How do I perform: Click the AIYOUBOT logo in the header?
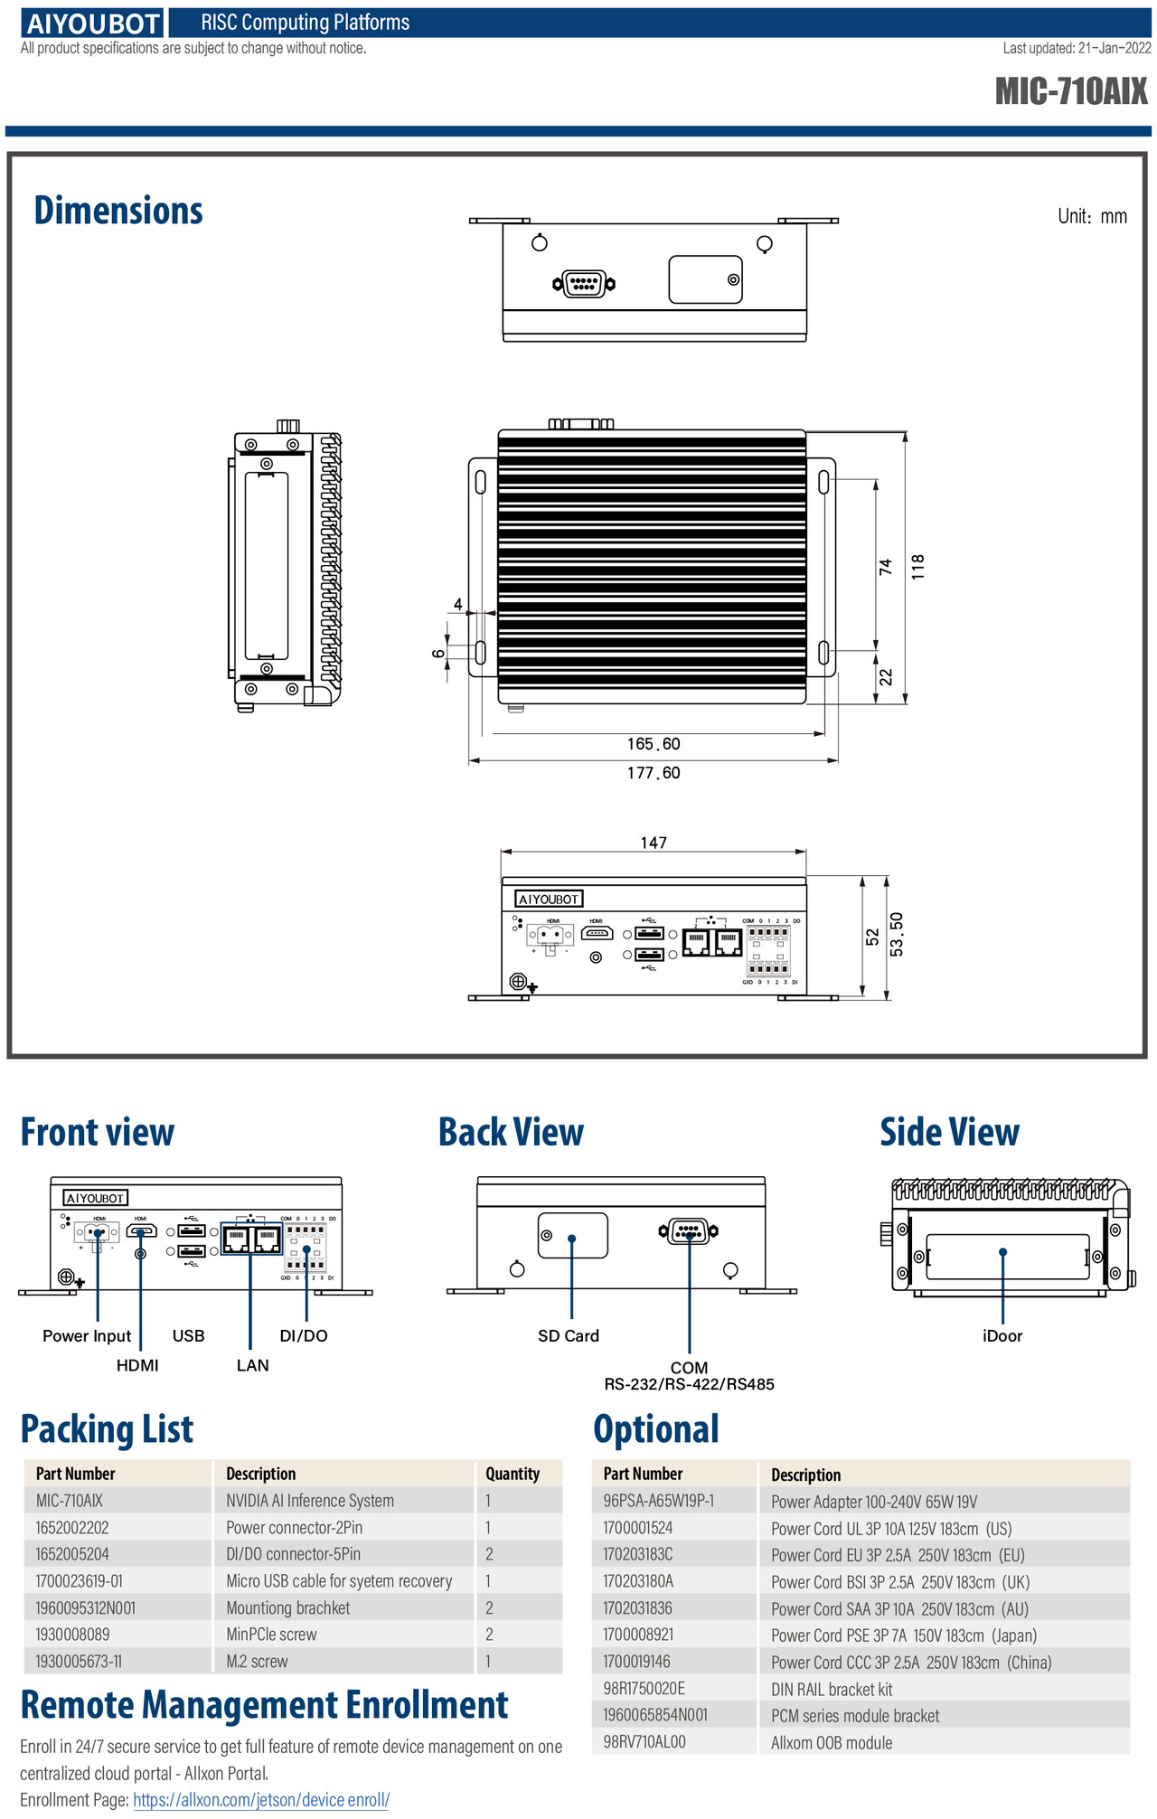[93, 24]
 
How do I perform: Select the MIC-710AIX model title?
[1071, 91]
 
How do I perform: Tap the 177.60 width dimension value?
[654, 773]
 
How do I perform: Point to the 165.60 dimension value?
[654, 744]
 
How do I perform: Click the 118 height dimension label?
[918, 567]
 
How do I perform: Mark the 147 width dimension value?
[654, 843]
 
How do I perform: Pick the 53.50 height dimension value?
[896, 934]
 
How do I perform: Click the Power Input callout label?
[87, 1336]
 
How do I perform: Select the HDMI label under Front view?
[137, 1365]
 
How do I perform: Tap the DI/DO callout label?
[304, 1336]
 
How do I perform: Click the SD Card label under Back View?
[569, 1336]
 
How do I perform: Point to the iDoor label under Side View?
[1002, 1336]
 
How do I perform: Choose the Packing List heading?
[107, 1429]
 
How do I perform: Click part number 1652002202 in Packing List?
[72, 1528]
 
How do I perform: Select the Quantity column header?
[513, 1474]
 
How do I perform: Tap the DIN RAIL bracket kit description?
[832, 1689]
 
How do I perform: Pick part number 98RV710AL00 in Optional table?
[644, 1742]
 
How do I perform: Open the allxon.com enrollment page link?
[261, 1800]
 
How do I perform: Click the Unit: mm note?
[1093, 216]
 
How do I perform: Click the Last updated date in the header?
[1077, 49]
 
